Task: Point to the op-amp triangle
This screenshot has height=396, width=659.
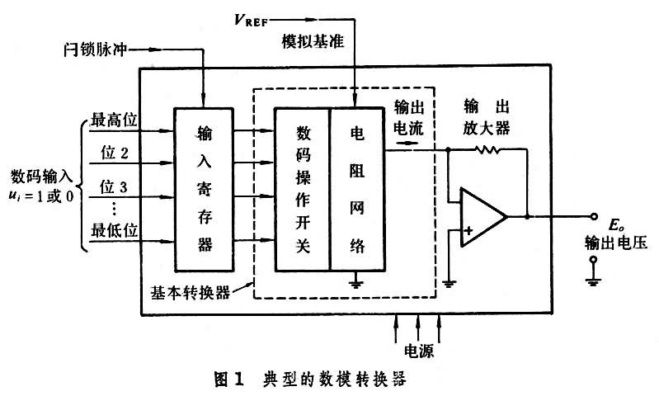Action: click(482, 216)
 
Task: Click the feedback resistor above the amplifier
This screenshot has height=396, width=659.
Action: click(487, 150)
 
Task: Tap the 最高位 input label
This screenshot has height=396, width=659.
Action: click(113, 120)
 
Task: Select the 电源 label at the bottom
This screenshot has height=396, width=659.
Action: click(420, 350)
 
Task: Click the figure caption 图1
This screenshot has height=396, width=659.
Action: click(226, 379)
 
